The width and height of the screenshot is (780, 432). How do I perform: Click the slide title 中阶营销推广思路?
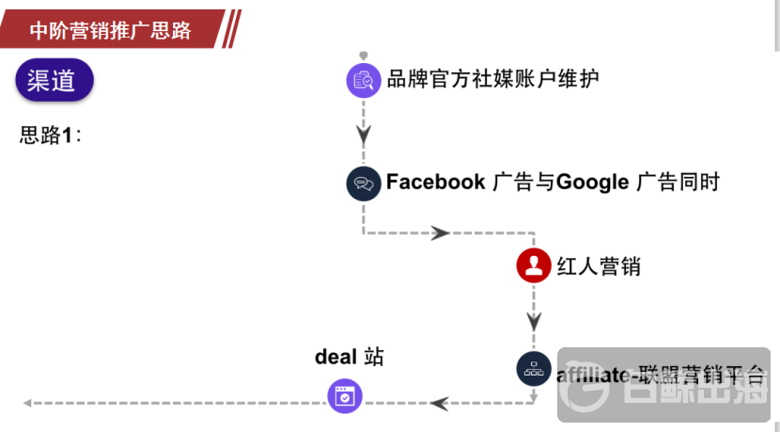click(110, 30)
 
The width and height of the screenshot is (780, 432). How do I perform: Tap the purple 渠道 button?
click(55, 81)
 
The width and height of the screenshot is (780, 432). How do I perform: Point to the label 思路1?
click(51, 135)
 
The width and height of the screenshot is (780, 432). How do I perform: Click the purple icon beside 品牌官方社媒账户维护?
click(363, 80)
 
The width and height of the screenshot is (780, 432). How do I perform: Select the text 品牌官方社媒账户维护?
click(492, 78)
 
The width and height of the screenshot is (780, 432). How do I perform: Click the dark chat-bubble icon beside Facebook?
click(363, 183)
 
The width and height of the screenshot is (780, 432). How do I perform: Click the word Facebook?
click(435, 183)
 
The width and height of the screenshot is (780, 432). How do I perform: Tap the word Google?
click(592, 183)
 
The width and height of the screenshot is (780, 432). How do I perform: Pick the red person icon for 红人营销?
click(534, 266)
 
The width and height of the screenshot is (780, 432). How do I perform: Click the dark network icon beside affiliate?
click(534, 369)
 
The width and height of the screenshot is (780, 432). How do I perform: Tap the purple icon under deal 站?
click(345, 396)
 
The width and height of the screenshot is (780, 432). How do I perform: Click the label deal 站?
click(350, 357)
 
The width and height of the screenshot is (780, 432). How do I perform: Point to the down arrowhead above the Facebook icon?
click(364, 135)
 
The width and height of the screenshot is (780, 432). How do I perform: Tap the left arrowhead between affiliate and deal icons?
click(439, 403)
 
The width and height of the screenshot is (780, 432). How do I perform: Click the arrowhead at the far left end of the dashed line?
click(28, 403)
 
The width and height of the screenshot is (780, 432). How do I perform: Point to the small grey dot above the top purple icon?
click(364, 56)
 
